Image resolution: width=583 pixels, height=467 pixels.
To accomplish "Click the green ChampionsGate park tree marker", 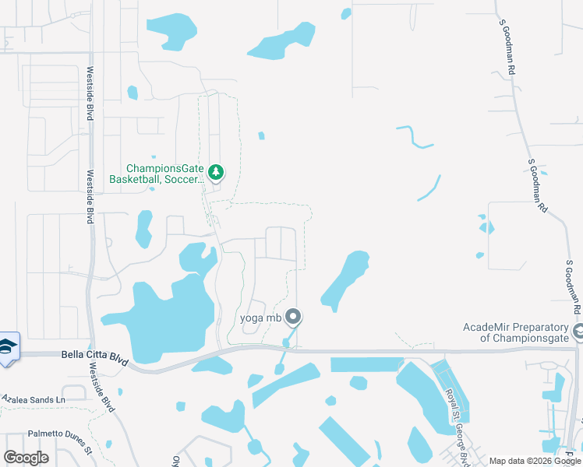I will (x=216, y=172).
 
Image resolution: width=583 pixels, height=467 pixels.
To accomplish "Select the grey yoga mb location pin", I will (x=293, y=316).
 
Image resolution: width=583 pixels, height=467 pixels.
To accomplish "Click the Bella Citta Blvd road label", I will (x=94, y=356).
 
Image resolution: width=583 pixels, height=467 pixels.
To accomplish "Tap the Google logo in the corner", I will (x=26, y=458).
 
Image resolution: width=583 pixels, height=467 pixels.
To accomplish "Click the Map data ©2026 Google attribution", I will (x=535, y=461).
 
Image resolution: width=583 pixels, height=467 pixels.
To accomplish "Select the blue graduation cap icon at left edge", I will (x=8, y=347).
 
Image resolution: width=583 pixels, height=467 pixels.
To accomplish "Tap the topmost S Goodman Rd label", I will (x=507, y=47).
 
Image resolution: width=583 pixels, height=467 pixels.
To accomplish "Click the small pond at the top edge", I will (x=346, y=12).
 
